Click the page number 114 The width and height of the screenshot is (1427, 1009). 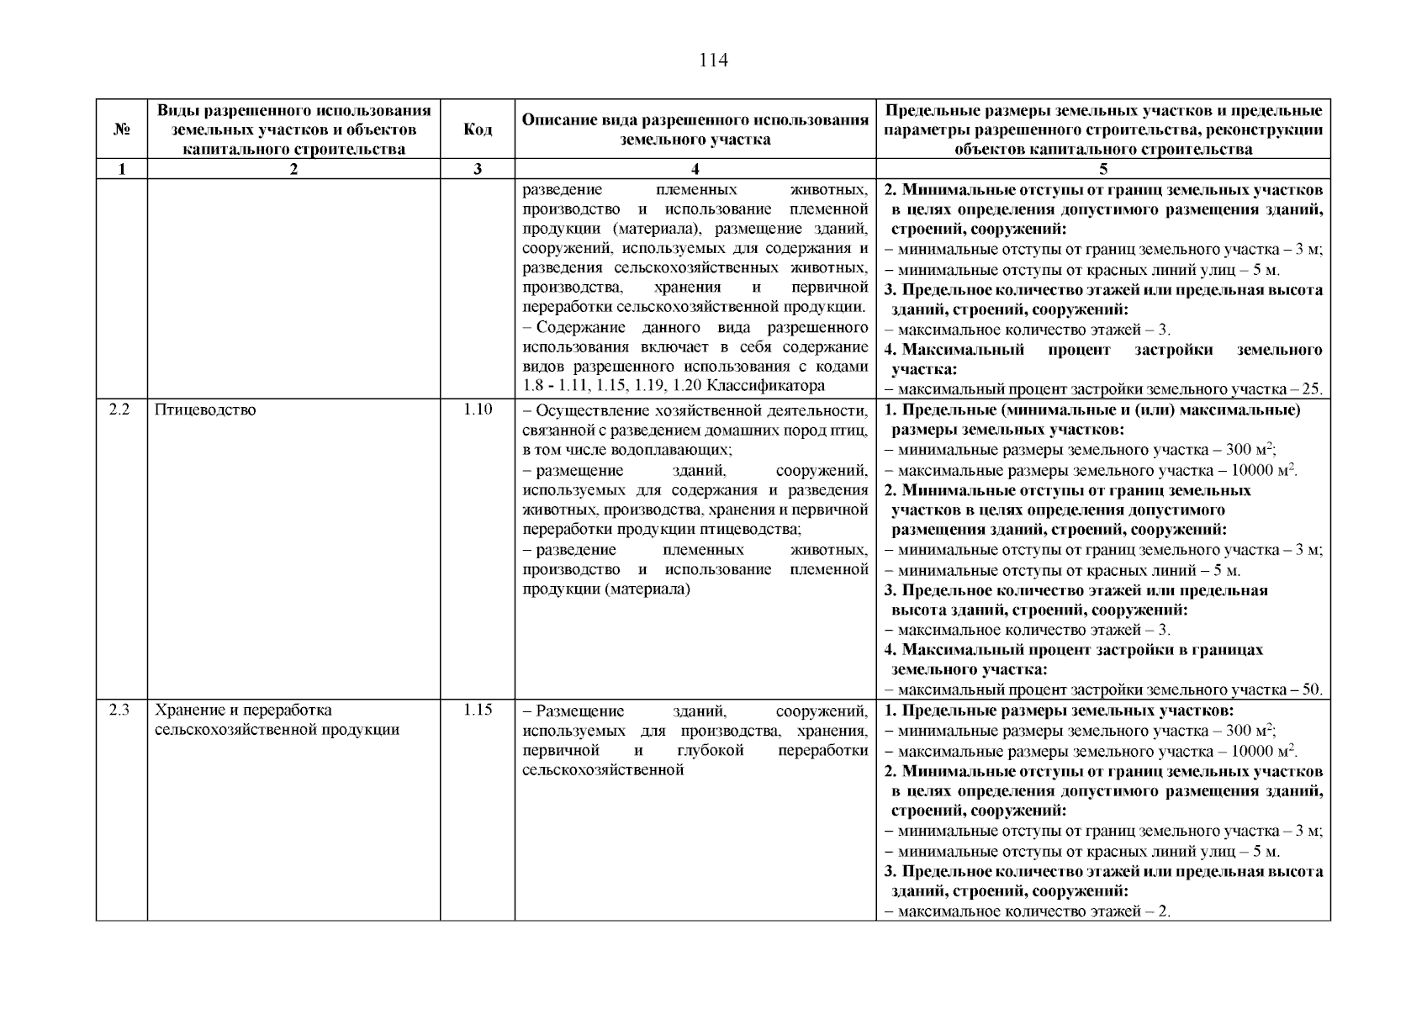pyautogui.click(x=713, y=61)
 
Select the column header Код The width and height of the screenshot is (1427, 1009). pyautogui.click(x=477, y=129)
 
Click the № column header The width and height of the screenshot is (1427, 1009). pyautogui.click(x=121, y=129)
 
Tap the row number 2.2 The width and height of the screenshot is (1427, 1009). pyautogui.click(x=121, y=410)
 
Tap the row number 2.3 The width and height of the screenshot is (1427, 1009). pyautogui.click(x=121, y=711)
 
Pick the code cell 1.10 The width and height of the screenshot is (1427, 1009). pyautogui.click(x=477, y=410)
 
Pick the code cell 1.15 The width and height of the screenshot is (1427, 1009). pyautogui.click(x=477, y=711)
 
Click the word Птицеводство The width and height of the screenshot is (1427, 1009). pyautogui.click(x=205, y=410)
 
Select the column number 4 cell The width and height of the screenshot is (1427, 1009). pyautogui.click(x=695, y=169)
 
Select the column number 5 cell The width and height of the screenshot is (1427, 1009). pyautogui.click(x=1102, y=169)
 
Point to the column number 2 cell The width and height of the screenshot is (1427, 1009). pyautogui.click(x=293, y=169)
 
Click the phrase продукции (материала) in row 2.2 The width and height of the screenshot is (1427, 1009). pyautogui.click(x=605, y=590)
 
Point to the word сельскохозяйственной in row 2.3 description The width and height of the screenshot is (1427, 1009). pyautogui.click(x=602, y=770)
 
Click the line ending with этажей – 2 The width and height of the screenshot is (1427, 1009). pyautogui.click(x=1028, y=911)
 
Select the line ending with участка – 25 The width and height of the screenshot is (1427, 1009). pyautogui.click(x=1103, y=389)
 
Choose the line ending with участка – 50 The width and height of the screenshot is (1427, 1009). pyautogui.click(x=1103, y=690)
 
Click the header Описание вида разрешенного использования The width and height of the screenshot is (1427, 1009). pyautogui.click(x=695, y=120)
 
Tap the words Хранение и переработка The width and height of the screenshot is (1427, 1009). pyautogui.click(x=244, y=711)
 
